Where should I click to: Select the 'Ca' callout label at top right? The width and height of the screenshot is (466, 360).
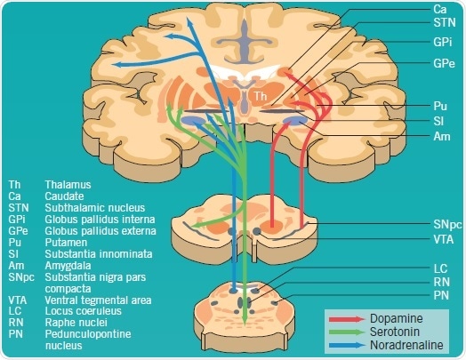coord(439,8)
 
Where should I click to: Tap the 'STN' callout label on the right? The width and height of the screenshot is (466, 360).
coord(442,24)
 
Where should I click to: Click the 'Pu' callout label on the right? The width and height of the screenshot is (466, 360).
coord(439,105)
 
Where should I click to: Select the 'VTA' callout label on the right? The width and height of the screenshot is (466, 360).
coord(443,239)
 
